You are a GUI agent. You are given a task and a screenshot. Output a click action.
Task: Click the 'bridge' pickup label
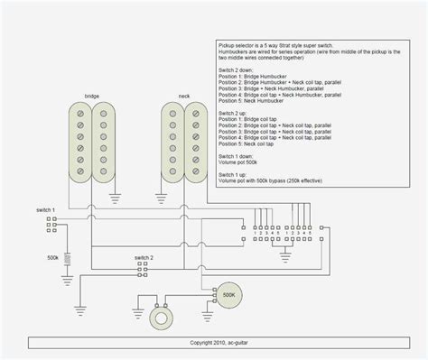92,95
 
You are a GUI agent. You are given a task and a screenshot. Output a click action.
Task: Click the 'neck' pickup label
184,95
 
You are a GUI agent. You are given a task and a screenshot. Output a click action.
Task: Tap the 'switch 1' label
45,209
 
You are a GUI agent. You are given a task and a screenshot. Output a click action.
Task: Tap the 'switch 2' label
144,258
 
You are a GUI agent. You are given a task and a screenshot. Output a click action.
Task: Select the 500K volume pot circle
228,294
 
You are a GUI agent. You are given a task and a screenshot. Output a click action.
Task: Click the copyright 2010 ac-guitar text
214,343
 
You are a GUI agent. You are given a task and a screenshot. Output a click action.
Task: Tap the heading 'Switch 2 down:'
237,69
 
